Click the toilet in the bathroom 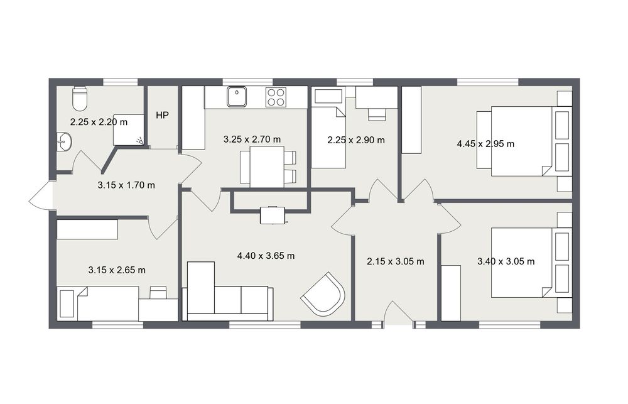(79, 99)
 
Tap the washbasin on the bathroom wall (64, 142)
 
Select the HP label (162, 116)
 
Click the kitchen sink (237, 97)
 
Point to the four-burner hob (276, 97)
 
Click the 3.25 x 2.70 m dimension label (252, 139)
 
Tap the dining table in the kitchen (267, 167)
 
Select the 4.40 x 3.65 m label (266, 256)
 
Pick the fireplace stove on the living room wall (273, 216)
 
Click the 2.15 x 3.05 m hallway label (395, 262)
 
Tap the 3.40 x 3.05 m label (506, 262)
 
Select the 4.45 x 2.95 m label (485, 144)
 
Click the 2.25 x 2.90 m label (356, 140)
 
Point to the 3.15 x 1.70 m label (126, 185)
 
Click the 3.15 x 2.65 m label (117, 270)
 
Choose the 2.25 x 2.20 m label (99, 122)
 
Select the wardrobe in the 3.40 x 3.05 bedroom (451, 293)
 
